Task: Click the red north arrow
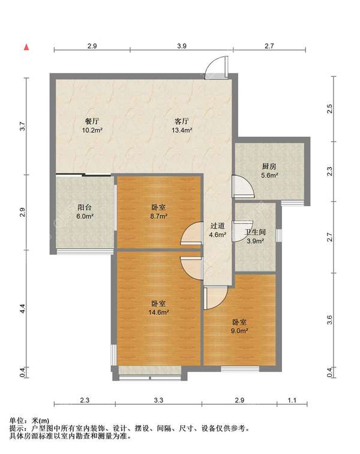pyautogui.click(x=26, y=47)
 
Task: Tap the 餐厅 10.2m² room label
pyautogui.click(x=92, y=126)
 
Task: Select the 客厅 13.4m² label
pyautogui.click(x=182, y=126)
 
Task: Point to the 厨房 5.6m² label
pyautogui.click(x=269, y=171)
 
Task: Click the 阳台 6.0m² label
pyautogui.click(x=85, y=211)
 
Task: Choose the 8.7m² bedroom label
pyautogui.click(x=158, y=211)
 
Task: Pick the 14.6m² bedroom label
pyautogui.click(x=158, y=308)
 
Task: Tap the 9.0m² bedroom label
pyautogui.click(x=239, y=326)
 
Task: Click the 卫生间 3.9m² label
pyautogui.click(x=255, y=236)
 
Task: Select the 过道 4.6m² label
pyautogui.click(x=218, y=230)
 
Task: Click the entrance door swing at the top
pyautogui.click(x=215, y=68)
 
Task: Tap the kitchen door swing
pyautogui.click(x=244, y=186)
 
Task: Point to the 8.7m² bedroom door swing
pyautogui.click(x=191, y=233)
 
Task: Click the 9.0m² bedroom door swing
pyautogui.click(x=215, y=297)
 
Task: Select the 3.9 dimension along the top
pyautogui.click(x=182, y=46)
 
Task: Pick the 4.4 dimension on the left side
pyautogui.click(x=23, y=308)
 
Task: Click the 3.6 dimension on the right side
pyautogui.click(x=329, y=320)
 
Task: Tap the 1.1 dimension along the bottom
pyautogui.click(x=292, y=400)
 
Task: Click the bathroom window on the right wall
pyautogui.click(x=278, y=235)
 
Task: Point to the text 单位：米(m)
pyautogui.click(x=29, y=420)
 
